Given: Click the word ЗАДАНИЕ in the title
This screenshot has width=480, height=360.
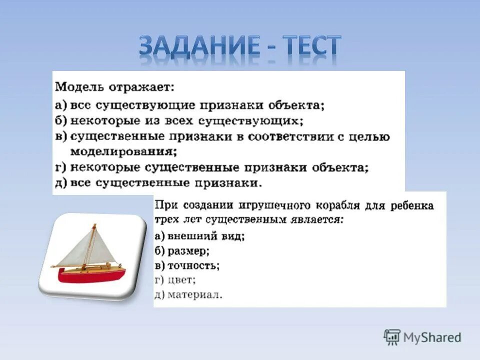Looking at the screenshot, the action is tap(199, 45).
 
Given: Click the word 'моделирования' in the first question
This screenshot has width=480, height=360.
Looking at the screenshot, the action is tap(123, 152).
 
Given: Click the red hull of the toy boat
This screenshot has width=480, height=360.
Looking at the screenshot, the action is tap(92, 275).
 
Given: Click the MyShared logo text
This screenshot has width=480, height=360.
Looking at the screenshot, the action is tap(432, 337).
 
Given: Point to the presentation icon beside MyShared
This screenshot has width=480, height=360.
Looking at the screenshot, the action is tap(392, 337).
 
